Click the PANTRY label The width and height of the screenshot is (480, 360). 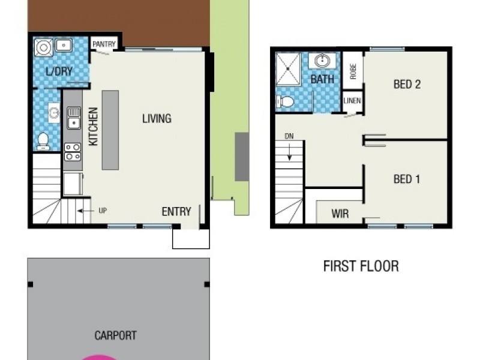point(104,44)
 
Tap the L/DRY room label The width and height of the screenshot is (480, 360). point(59,71)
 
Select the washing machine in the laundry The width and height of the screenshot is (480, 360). point(43,47)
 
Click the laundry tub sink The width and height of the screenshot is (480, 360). point(64,45)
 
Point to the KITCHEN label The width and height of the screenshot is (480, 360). point(93,127)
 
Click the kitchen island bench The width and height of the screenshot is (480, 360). point(110,130)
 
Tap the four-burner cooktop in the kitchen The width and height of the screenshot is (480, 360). point(73,152)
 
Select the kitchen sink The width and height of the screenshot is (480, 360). point(74,118)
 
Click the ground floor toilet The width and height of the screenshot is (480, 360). point(43,142)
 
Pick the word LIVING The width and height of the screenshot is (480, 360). point(157,118)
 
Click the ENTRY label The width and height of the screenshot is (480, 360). point(176,212)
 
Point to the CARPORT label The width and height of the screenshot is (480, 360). point(115,335)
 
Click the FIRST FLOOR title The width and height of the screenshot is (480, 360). point(361,266)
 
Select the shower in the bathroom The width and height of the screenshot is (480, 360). point(289,70)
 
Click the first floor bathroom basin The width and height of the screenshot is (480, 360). point(322,61)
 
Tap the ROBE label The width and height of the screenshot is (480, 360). point(353,71)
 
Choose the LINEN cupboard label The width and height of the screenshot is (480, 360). point(352,100)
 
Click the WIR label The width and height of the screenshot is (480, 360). point(340,214)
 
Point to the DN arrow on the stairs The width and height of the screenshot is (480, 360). point(289,151)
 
